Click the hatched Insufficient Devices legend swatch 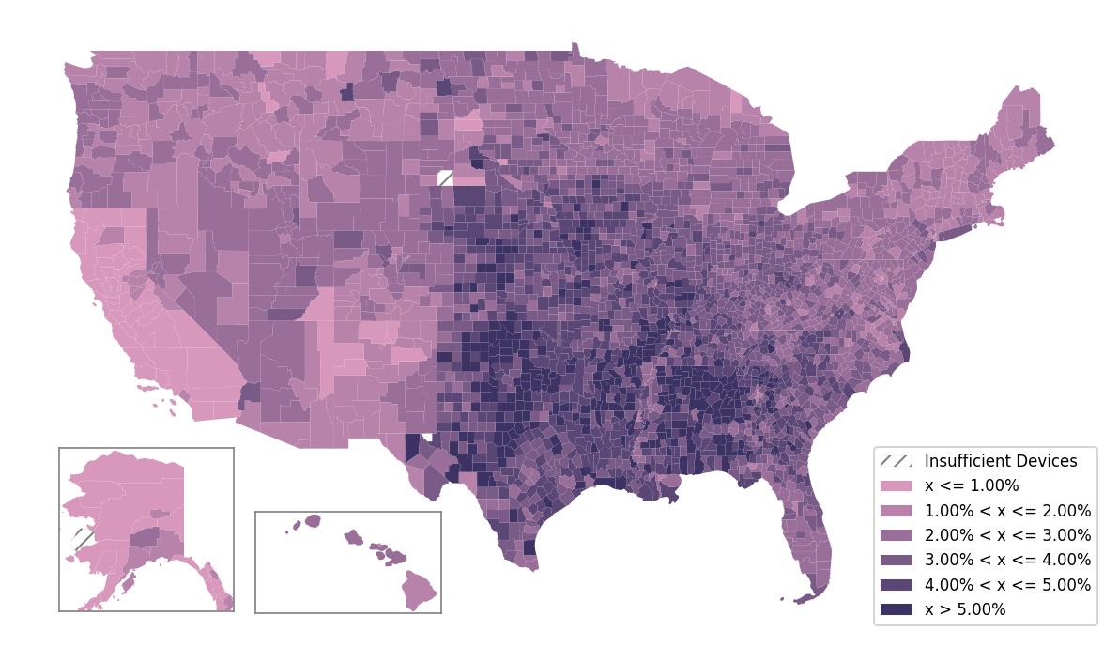point(896,461)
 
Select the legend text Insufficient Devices point(1001,461)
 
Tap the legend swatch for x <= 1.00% point(896,485)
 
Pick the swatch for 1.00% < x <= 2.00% point(896,511)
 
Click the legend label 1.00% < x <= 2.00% point(1007,511)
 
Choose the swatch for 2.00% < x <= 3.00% point(896,535)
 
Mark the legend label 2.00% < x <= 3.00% point(1007,535)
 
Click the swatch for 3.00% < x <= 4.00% point(896,560)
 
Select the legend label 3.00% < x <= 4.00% point(1007,560)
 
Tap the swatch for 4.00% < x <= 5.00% point(896,585)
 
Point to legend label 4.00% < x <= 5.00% point(1007,585)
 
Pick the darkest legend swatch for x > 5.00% point(896,609)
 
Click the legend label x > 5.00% point(965,609)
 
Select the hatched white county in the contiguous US point(446,178)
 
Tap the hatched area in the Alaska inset point(83,540)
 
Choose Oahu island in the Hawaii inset point(353,537)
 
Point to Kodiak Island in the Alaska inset point(130,582)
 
